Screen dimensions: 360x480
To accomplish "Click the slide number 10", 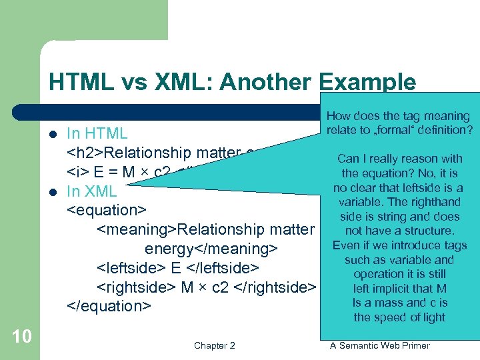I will click(22, 335).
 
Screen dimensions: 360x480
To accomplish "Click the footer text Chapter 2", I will click(214, 345).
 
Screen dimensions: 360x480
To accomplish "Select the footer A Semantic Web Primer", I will click(381, 345).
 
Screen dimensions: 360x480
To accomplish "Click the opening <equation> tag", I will click(106, 211).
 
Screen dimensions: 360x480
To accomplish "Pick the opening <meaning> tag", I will click(137, 230).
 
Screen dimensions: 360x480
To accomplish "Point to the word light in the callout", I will click(433, 317).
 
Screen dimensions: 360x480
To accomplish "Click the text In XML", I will click(92, 191).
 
